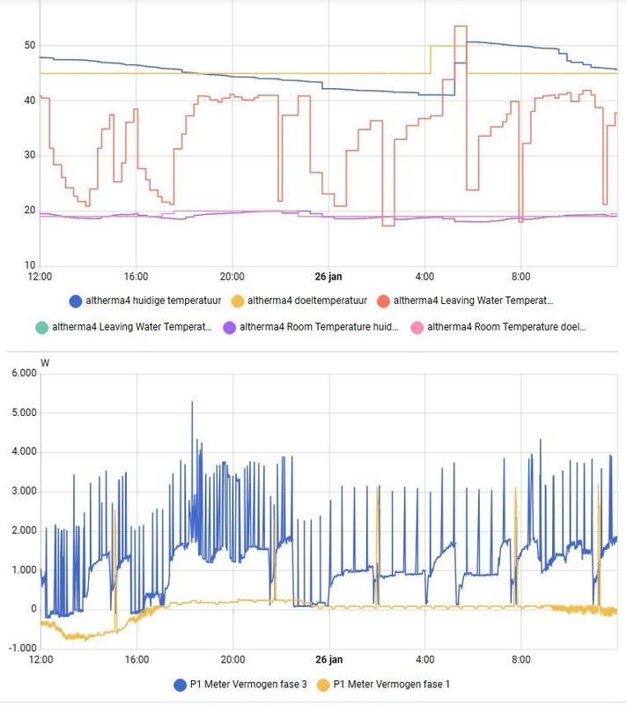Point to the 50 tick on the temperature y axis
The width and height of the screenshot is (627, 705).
point(29,45)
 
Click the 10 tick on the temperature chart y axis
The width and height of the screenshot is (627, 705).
point(29,265)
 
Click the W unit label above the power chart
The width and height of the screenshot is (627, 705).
point(45,362)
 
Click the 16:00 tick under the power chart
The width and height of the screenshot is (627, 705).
point(136,659)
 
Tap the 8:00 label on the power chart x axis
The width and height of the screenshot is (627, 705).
point(520,659)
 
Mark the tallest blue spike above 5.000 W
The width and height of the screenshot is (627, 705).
point(192,404)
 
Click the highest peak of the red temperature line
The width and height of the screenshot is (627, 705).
point(461,27)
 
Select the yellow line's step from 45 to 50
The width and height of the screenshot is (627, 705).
point(430,59)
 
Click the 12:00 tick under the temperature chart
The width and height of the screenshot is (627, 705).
point(41,277)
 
